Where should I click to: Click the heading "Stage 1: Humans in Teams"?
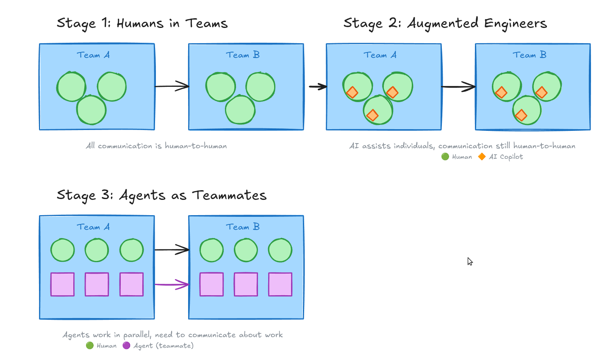tap(142, 23)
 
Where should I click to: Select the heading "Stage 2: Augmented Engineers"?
tap(445, 23)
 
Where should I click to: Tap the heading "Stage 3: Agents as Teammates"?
tap(161, 195)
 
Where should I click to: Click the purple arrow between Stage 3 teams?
tap(172, 285)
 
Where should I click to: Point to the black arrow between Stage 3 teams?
tap(172, 250)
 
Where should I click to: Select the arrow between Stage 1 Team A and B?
tap(172, 86)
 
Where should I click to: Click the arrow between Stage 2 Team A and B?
tap(458, 87)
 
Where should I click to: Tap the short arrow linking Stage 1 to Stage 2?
tap(318, 87)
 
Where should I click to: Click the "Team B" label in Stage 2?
tap(529, 55)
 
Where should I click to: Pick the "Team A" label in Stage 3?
tap(93, 227)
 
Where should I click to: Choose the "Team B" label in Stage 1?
tap(243, 55)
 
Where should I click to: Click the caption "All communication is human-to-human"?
tap(156, 146)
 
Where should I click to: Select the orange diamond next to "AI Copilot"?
tap(482, 157)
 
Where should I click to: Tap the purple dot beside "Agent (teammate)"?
tap(126, 346)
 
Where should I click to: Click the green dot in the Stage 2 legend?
tap(445, 157)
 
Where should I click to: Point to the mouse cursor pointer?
tap(470, 261)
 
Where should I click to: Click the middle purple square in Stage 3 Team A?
tap(97, 284)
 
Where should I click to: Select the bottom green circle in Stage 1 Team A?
tap(91, 110)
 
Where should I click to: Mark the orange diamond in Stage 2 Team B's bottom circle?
tap(521, 115)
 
